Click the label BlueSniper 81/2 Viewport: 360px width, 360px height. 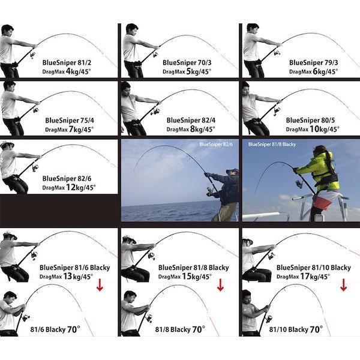click(67, 62)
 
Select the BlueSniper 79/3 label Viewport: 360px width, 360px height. click(313, 62)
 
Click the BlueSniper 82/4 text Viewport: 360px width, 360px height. click(191, 121)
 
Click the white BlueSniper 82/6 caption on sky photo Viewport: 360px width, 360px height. click(216, 145)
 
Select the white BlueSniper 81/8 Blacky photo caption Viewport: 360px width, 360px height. click(272, 145)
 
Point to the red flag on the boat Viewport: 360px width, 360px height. click(323, 202)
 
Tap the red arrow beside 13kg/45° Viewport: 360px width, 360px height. click(100, 285)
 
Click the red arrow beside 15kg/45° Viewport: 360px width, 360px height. click(220, 285)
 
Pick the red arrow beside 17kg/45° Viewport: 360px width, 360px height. click(343, 285)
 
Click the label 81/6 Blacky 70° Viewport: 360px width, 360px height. click(55, 329)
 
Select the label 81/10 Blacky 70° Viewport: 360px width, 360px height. click(296, 329)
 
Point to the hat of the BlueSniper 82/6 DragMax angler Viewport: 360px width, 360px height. click(7, 145)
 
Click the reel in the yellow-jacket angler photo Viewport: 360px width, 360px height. click(299, 183)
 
